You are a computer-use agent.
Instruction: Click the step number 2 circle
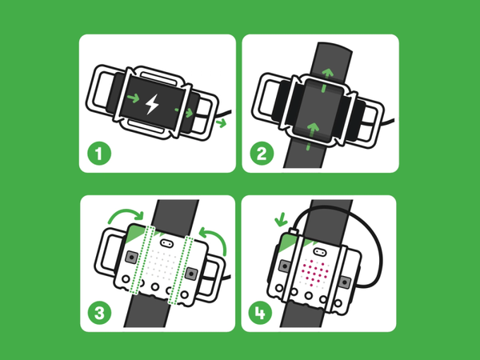coord(261,154)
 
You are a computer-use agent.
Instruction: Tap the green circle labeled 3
coord(98,312)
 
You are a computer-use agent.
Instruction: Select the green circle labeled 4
coord(261,312)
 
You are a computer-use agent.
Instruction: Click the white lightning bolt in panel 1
coord(153,103)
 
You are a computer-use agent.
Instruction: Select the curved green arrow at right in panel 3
coord(214,238)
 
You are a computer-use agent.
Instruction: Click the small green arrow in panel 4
coord(279,219)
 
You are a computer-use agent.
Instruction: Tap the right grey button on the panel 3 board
coord(190,273)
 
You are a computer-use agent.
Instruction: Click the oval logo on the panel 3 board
coord(166,241)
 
